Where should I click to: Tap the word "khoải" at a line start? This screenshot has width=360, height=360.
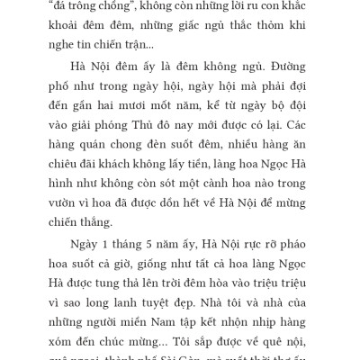tap(61, 24)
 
